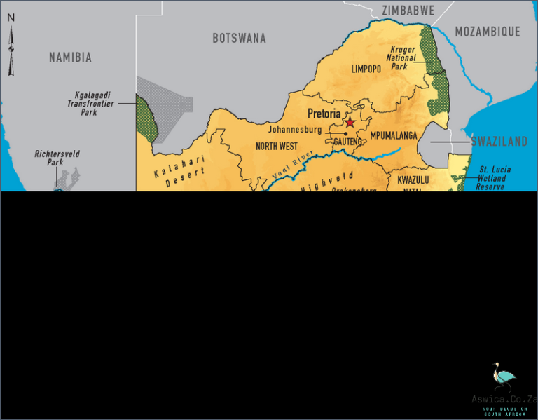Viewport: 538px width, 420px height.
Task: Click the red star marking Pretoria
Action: [x=350, y=122]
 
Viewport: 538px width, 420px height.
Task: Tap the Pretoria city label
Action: [x=324, y=114]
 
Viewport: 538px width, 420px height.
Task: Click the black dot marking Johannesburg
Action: [x=345, y=133]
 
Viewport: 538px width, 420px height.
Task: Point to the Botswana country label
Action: [x=239, y=39]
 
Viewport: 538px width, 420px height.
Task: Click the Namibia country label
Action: [x=70, y=57]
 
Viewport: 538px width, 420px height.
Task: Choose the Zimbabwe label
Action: [x=408, y=11]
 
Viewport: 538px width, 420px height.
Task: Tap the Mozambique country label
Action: [x=488, y=32]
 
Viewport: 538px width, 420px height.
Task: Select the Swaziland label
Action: [x=499, y=142]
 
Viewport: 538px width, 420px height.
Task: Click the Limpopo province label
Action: [x=366, y=69]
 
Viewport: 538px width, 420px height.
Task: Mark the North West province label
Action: [x=276, y=147]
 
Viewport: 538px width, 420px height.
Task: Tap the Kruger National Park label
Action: [x=403, y=58]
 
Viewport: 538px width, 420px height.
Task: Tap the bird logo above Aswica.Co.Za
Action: [x=502, y=378]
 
